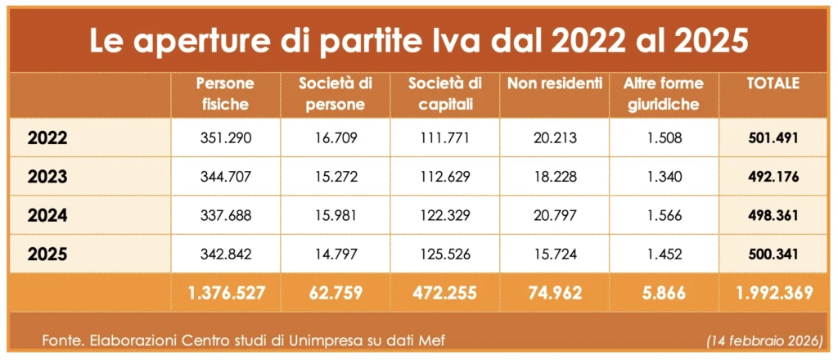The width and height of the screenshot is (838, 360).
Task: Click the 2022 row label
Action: coord(47,138)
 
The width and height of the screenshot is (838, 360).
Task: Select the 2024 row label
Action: coord(47,217)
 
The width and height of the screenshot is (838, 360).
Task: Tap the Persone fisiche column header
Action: coord(226,93)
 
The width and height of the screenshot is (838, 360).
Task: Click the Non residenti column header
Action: coord(555,83)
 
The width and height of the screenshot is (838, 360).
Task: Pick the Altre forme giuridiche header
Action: coord(660,93)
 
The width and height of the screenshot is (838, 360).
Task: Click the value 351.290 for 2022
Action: coord(225,137)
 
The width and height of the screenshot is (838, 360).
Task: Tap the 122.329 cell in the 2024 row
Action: coord(444,216)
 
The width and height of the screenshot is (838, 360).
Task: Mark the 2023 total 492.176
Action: coord(773,177)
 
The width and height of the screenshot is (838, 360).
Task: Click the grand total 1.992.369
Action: coord(773,293)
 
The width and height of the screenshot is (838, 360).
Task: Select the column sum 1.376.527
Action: coord(226,293)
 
